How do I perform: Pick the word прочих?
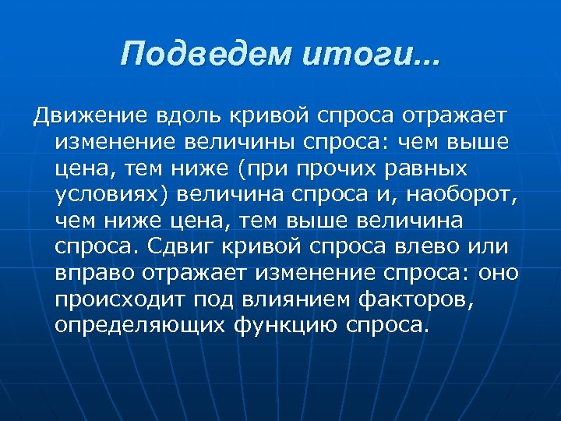(x=365, y=168)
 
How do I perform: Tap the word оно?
(x=498, y=274)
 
